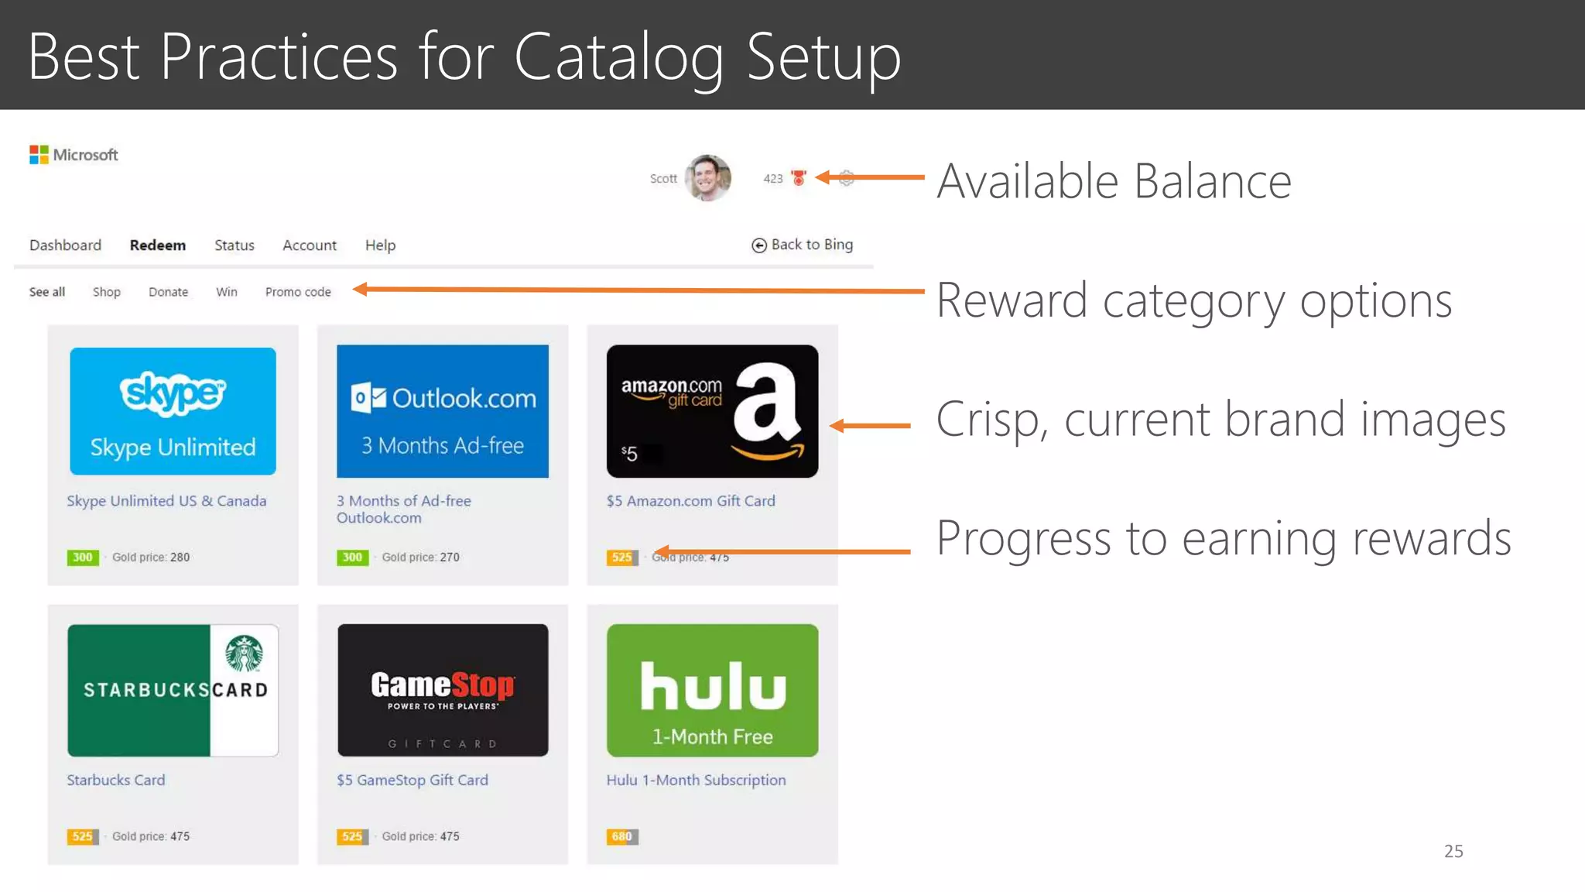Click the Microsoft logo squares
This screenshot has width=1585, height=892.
[39, 155]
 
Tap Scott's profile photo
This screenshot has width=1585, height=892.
[707, 177]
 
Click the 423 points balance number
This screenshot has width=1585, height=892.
[772, 179]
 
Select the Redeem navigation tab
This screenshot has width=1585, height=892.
[158, 245]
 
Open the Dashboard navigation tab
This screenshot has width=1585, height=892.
[65, 245]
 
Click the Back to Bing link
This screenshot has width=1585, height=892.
[803, 245]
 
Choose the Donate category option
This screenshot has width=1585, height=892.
[168, 292]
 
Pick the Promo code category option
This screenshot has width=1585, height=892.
[298, 292]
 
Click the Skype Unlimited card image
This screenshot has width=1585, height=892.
[173, 411]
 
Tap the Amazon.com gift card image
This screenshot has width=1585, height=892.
[712, 411]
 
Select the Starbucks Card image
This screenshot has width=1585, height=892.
[173, 690]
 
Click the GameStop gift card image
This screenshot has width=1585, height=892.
[443, 690]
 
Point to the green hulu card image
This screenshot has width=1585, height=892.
[712, 690]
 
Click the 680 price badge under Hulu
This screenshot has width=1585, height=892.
[621, 836]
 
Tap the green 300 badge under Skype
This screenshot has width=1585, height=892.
[82, 557]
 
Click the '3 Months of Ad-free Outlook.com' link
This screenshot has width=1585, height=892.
[403, 509]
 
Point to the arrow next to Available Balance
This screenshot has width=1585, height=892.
[870, 177]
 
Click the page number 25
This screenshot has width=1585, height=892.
[1453, 851]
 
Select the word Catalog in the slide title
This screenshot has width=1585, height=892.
[618, 57]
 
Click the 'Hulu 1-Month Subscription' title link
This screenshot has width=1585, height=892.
[696, 780]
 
